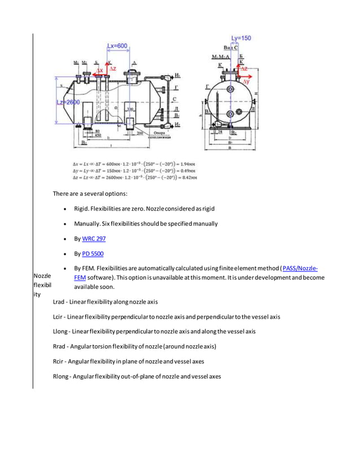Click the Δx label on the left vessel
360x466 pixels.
pos(102,71)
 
